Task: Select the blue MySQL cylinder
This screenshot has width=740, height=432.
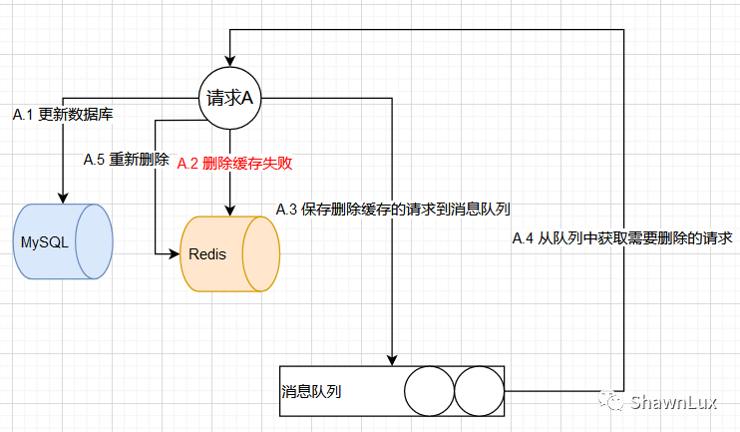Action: click(x=63, y=240)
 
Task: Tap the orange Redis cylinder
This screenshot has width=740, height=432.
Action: click(x=229, y=253)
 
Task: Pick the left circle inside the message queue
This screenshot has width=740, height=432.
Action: click(x=429, y=391)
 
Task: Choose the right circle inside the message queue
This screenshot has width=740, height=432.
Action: click(x=480, y=391)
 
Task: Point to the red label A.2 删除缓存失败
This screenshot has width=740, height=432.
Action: click(x=234, y=163)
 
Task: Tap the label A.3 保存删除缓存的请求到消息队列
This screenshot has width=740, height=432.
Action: click(x=393, y=210)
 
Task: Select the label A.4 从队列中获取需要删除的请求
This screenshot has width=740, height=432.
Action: click(x=622, y=238)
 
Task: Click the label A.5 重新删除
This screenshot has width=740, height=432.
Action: click(x=126, y=160)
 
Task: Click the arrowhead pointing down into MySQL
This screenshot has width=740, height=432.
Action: click(x=63, y=198)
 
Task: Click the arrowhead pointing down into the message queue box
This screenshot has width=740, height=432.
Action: click(x=392, y=360)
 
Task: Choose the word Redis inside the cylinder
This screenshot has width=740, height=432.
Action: click(x=207, y=254)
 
